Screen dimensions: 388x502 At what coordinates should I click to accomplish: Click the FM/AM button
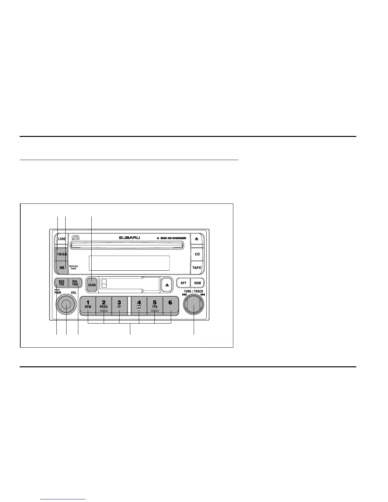(x=61, y=254)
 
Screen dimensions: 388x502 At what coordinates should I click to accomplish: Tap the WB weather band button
(x=61, y=267)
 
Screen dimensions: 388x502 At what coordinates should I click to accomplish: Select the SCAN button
(x=92, y=284)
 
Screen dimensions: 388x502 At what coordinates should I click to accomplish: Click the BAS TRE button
(x=61, y=283)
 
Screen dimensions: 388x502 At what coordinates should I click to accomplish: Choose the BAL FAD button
(x=75, y=283)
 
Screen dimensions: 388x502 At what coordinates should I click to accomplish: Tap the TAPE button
(x=197, y=267)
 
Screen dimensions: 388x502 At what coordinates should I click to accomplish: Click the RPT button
(x=183, y=283)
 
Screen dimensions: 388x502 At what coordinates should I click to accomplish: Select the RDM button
(x=197, y=283)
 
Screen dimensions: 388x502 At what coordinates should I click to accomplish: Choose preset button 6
(x=171, y=305)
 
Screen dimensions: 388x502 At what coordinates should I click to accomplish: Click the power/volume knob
(x=66, y=305)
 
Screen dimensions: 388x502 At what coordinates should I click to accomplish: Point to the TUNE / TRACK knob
(x=193, y=305)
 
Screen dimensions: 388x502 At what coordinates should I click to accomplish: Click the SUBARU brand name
(x=129, y=238)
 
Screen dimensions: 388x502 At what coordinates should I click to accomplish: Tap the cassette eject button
(x=167, y=285)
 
